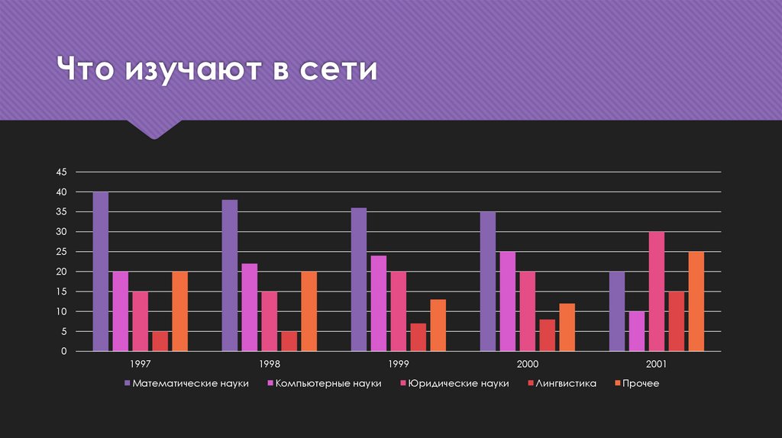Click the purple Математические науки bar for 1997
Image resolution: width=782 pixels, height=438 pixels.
[x=101, y=271]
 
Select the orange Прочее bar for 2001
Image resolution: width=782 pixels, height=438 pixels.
[x=696, y=301]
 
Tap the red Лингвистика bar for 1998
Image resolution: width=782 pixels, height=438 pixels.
[x=289, y=341]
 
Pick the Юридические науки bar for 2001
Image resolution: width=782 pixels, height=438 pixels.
[x=657, y=291]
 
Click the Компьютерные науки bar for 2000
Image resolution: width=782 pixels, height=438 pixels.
[x=507, y=301]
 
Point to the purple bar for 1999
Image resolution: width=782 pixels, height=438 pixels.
[x=359, y=279]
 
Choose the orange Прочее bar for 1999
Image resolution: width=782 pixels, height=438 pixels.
[x=438, y=325]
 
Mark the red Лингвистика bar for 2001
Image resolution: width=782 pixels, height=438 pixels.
[x=677, y=321]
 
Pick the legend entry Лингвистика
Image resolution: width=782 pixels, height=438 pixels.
[x=566, y=383]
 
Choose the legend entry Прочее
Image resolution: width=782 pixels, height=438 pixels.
[x=640, y=383]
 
